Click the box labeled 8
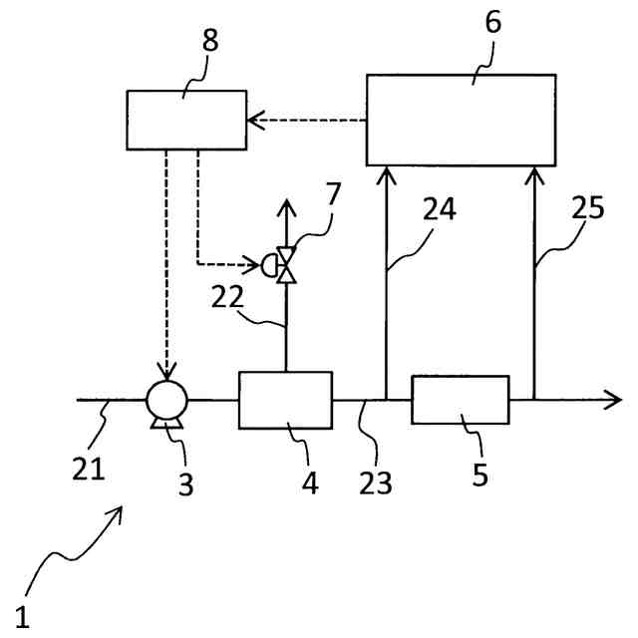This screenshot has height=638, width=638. pyautogui.click(x=186, y=120)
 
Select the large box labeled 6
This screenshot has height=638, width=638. pyautogui.click(x=462, y=120)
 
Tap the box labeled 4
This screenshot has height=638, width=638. pyautogui.click(x=285, y=400)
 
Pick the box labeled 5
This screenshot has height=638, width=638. pyautogui.click(x=461, y=400)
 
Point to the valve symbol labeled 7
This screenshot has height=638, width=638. pyautogui.click(x=287, y=265)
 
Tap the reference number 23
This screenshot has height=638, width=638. pyautogui.click(x=376, y=482)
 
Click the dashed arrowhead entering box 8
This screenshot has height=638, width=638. pyautogui.click(x=255, y=121)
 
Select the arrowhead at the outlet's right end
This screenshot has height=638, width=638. pyautogui.click(x=613, y=401)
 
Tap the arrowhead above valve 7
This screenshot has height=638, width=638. pyautogui.click(x=287, y=207)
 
